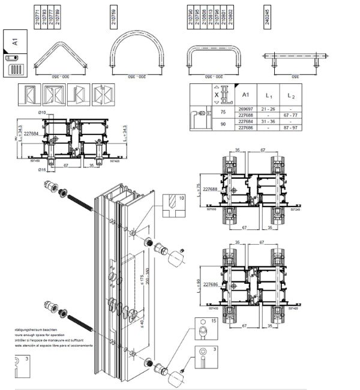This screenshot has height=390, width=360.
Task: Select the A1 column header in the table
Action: pyautogui.click(x=245, y=95)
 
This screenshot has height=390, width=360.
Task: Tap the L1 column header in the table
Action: pyautogui.click(x=269, y=95)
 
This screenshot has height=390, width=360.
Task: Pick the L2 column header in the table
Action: pyautogui.click(x=291, y=95)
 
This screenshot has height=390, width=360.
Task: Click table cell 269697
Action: pyautogui.click(x=245, y=109)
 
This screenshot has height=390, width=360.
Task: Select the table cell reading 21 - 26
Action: pyautogui.click(x=269, y=109)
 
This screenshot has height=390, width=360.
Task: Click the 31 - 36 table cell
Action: pyautogui.click(x=269, y=122)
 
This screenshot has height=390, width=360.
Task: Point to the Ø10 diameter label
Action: pyautogui.click(x=43, y=113)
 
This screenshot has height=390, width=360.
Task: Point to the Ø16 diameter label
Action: pyautogui.click(x=43, y=170)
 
